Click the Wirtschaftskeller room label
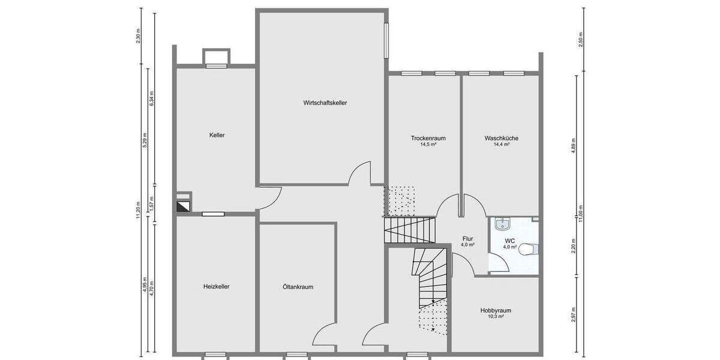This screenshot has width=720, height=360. coord(325,103)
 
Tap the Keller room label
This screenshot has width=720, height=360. coord(217,135)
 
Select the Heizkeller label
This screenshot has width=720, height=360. coord(216,286)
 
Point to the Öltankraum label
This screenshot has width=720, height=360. coord(298,287)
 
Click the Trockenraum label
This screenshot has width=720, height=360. coord(428,138)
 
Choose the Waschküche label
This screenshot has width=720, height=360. coord(501,138)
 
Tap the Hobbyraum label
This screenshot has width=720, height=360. coord(496,310)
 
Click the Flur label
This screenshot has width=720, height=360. coord(467,239)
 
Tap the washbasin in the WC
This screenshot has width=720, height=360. coord(503,224)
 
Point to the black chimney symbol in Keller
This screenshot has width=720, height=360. coord(184,206)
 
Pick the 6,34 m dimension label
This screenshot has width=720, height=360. coord(151,98)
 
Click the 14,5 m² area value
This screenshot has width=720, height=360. coord(428,145)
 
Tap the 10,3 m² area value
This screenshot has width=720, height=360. coord(496,316)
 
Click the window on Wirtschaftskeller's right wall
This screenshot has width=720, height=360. coord(386,40)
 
